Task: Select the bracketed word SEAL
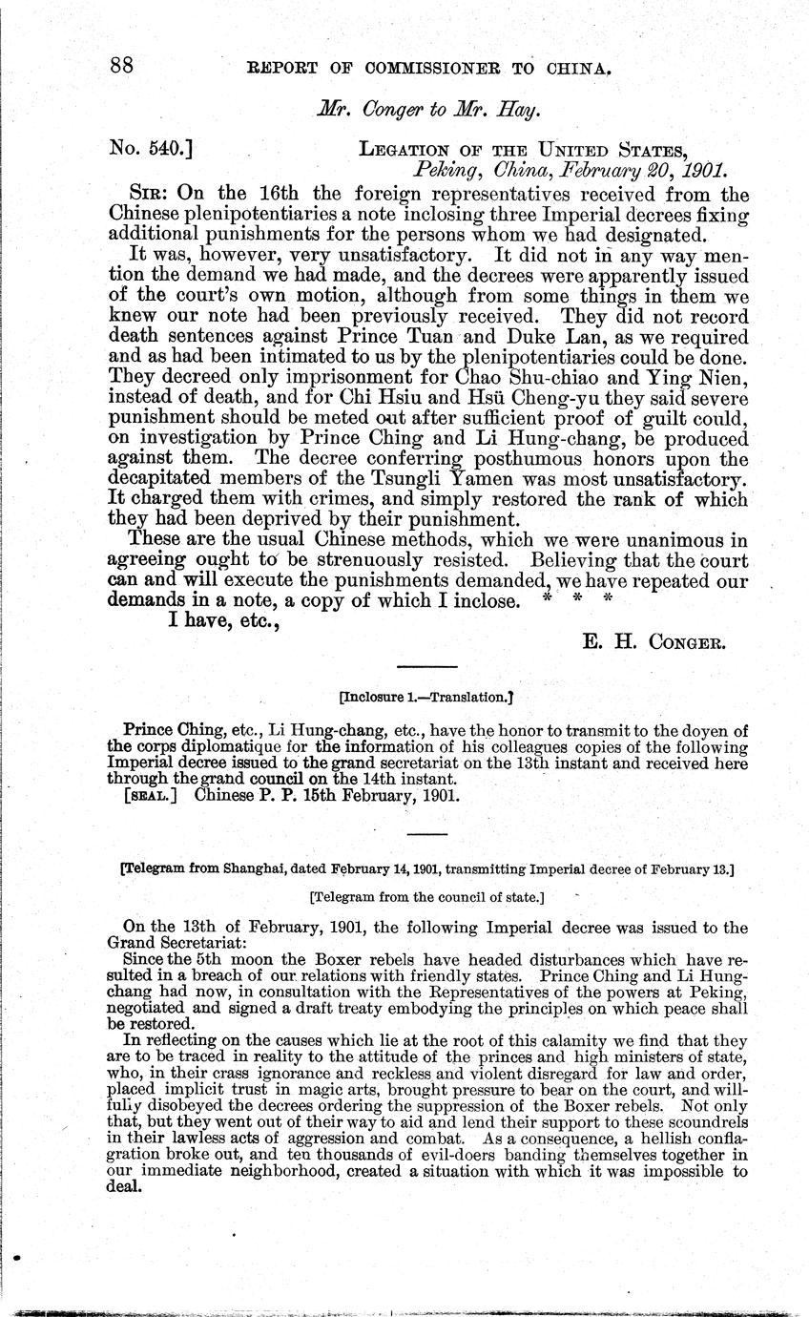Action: click(151, 797)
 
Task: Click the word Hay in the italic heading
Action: click(518, 109)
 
